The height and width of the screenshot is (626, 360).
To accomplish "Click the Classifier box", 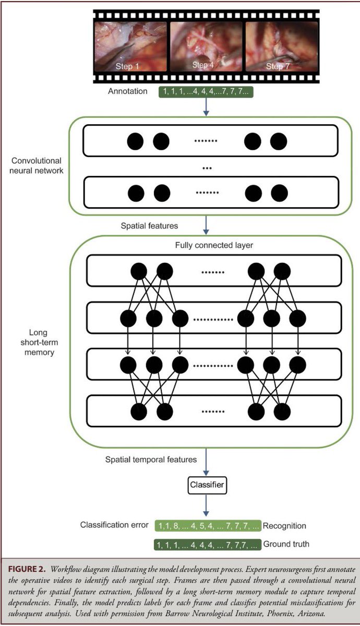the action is coord(207,485).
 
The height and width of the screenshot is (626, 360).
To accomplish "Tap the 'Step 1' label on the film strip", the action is coord(127,66).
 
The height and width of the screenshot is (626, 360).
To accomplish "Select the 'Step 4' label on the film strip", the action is coord(202,65).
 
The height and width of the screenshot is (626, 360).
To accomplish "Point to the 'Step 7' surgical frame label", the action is coord(278,66).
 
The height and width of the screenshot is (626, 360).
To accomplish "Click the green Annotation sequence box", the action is coord(206,92).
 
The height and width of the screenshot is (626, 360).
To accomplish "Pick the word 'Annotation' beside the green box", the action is coord(128,91).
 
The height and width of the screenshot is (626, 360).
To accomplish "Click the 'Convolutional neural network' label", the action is coord(37,165).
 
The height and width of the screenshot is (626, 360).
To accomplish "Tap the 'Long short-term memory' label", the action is coord(39,342).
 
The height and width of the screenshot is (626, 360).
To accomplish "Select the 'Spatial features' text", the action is coord(149,226).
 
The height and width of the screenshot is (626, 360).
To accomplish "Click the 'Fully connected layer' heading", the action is coord(214,245).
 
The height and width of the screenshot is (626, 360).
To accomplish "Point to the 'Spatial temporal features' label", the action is coord(151,460).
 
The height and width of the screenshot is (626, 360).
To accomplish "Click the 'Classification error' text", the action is coord(114,525).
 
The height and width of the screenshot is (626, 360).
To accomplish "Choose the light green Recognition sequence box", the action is coord(208,526).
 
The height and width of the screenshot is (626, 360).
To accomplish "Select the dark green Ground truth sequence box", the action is coord(208,545).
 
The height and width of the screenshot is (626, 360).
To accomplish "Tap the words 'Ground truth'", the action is coord(286,544).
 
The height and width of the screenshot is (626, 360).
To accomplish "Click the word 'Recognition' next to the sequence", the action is coord(284,526).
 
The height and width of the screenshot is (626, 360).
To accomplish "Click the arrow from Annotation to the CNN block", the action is coord(206,107).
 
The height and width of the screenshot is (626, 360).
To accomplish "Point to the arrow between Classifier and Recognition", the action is coord(206,505).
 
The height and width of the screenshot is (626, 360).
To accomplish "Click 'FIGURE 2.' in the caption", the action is coord(27,569).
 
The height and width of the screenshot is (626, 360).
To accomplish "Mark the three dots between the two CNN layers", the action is coord(207,168).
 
